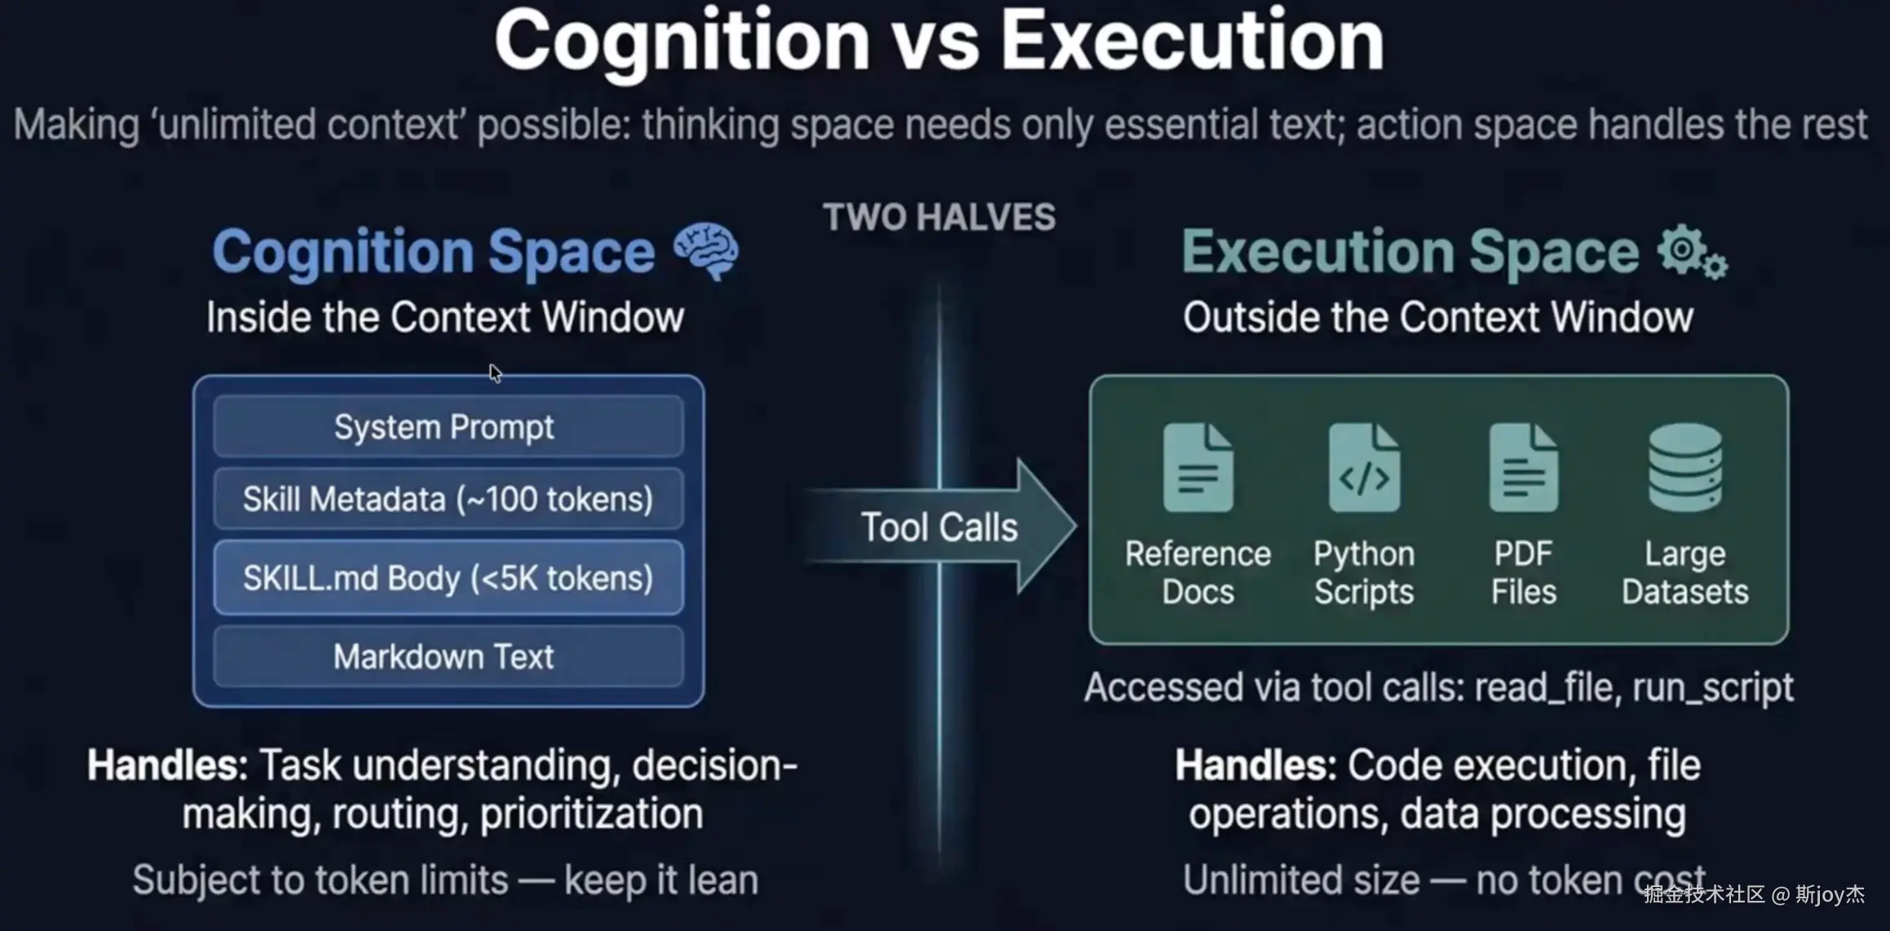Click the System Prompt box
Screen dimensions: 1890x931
pyautogui.click(x=448, y=426)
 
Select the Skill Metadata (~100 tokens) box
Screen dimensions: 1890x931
pyautogui.click(x=448, y=498)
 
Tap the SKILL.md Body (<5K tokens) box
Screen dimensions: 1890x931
pyautogui.click(x=448, y=577)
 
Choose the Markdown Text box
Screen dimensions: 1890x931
pyautogui.click(x=448, y=656)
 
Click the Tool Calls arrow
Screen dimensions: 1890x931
pyautogui.click(x=940, y=527)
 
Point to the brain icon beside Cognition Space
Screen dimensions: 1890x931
pyautogui.click(x=706, y=251)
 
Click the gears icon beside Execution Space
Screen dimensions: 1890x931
pyautogui.click(x=1693, y=253)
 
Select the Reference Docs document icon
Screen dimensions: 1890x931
pyautogui.click(x=1198, y=468)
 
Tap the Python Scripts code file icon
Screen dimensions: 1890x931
pyautogui.click(x=1364, y=468)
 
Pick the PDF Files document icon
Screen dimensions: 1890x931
pyautogui.click(x=1523, y=468)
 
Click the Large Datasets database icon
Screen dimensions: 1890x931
pyautogui.click(x=1685, y=467)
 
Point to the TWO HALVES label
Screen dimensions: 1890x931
pyautogui.click(x=939, y=218)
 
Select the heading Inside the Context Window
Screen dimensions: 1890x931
pyautogui.click(x=445, y=316)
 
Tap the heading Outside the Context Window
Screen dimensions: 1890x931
pyautogui.click(x=1438, y=316)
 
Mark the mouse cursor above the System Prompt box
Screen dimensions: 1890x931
pyautogui.click(x=495, y=373)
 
